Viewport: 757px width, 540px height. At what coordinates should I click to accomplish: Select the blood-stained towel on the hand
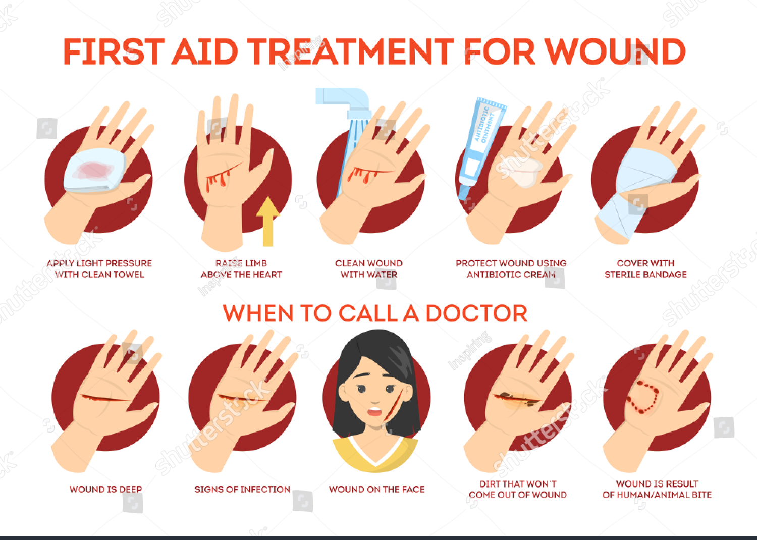click(x=94, y=172)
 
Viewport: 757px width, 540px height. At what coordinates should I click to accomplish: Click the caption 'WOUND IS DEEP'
click(x=105, y=489)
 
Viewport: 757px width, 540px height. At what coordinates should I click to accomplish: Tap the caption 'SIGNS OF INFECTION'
click(x=242, y=489)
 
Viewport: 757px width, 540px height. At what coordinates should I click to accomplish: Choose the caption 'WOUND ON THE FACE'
click(x=376, y=489)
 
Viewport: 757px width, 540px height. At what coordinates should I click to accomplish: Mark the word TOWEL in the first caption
click(x=130, y=275)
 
